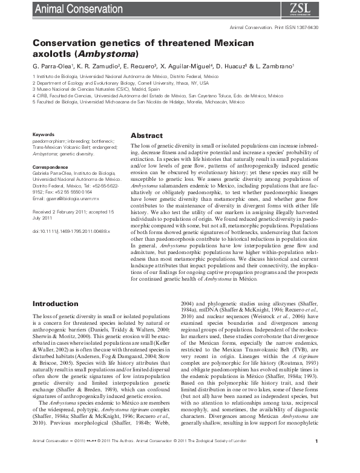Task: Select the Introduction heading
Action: click(55, 303)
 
